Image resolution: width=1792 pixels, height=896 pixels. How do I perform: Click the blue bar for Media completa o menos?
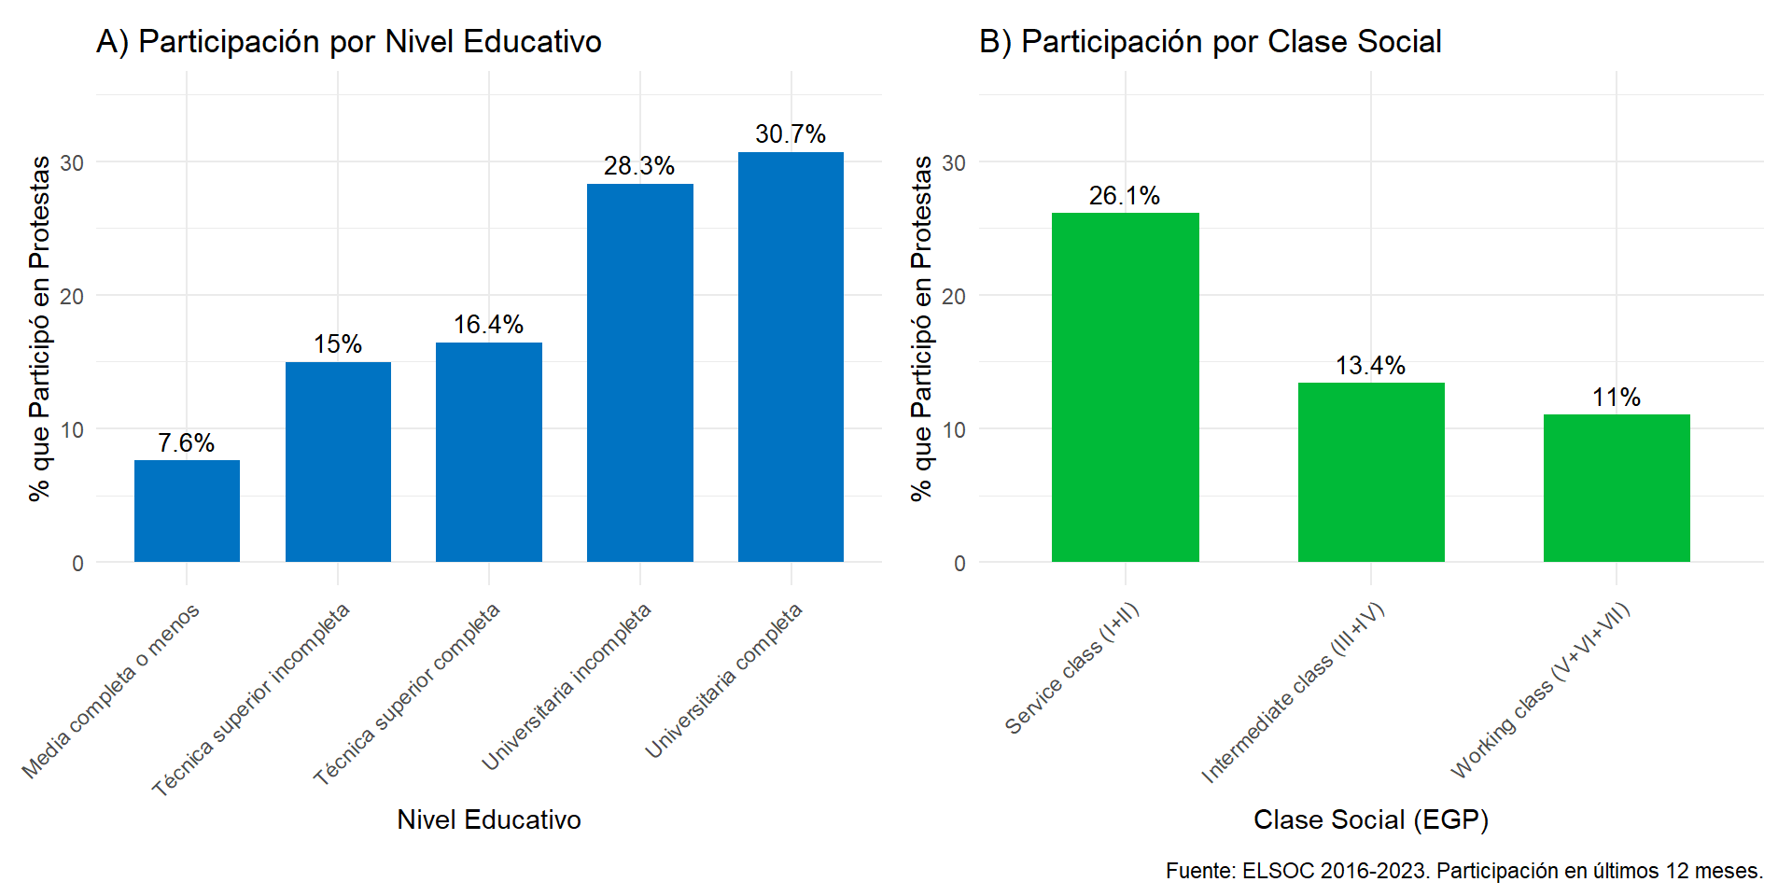(187, 511)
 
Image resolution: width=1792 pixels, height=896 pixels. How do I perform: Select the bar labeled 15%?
(338, 461)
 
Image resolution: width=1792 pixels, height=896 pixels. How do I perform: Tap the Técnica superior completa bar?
(489, 452)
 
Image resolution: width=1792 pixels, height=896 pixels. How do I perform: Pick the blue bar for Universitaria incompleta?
(640, 372)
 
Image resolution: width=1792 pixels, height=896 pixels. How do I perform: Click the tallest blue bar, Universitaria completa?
(791, 357)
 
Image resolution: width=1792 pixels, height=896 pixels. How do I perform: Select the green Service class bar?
(1125, 386)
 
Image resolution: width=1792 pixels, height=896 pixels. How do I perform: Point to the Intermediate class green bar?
(1371, 471)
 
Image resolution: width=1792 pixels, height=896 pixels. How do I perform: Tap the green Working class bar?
(1617, 487)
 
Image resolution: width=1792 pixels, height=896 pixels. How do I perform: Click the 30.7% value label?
(791, 134)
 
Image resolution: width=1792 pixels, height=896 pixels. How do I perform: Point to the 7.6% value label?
(187, 442)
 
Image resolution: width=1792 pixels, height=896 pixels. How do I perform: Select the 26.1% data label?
(1125, 196)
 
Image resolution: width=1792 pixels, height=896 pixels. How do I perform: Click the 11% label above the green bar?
(1617, 398)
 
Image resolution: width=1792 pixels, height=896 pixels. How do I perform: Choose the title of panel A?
(349, 42)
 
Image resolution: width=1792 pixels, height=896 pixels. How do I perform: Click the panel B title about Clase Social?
(1211, 42)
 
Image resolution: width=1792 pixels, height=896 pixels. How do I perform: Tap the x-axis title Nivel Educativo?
(489, 819)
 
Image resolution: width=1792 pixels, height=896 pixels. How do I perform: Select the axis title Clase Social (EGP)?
(1371, 819)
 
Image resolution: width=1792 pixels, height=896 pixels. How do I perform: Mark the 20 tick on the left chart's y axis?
(72, 296)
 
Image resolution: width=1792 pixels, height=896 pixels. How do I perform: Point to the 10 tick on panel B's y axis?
(954, 429)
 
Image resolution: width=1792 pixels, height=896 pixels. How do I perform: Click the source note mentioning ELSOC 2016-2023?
(1464, 871)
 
